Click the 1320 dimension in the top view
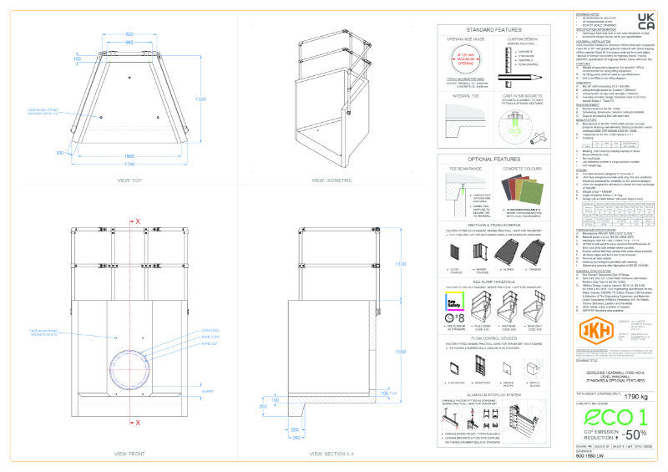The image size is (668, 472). pos(223,99)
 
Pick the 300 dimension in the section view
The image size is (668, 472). pos(265,407)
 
